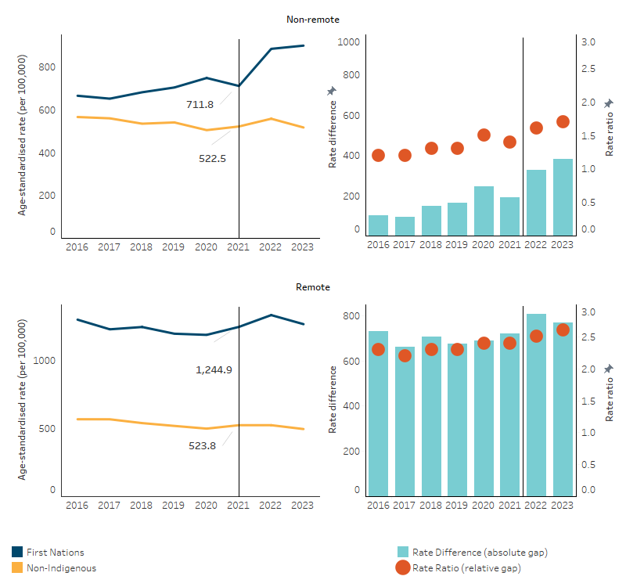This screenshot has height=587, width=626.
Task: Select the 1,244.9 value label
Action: (x=214, y=369)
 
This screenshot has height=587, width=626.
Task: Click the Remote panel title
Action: (x=313, y=287)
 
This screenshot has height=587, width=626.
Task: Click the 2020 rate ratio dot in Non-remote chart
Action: (x=484, y=135)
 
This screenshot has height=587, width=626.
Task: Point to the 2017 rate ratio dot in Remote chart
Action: (x=405, y=355)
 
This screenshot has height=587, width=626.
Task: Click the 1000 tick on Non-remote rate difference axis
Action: (x=349, y=41)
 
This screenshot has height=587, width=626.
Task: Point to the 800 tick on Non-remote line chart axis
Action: (x=46, y=67)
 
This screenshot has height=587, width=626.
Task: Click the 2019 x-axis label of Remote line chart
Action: (x=173, y=506)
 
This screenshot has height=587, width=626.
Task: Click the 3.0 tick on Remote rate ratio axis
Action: (x=588, y=312)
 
